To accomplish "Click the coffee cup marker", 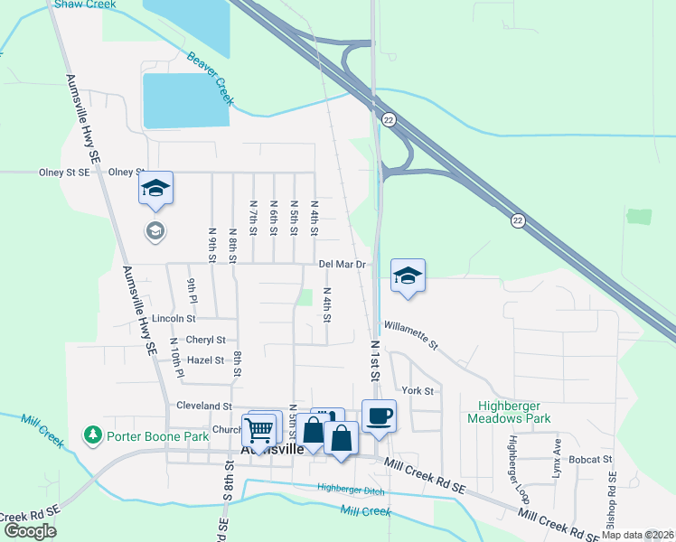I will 379,416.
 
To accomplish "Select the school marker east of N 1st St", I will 408,276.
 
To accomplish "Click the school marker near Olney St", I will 155,189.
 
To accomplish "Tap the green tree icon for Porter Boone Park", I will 92,436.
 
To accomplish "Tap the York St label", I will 418,390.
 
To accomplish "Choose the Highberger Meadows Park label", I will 509,412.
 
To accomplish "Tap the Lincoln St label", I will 174,318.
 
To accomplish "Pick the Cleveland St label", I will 204,406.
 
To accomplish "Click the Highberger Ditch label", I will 351,489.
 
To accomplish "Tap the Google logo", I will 29,530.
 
